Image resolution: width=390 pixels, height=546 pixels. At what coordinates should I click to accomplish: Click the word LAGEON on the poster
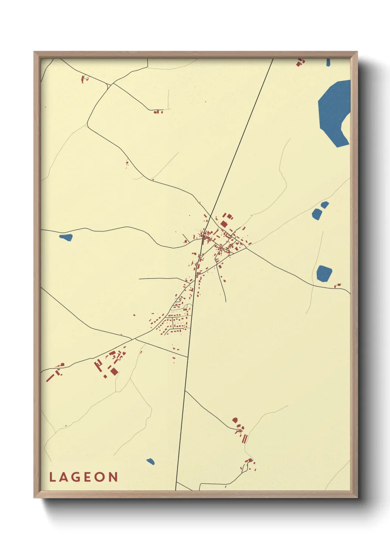(x=84, y=477)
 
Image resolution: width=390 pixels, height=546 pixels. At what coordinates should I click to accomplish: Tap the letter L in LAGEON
(x=52, y=477)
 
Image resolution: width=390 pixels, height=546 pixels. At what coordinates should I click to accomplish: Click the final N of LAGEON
(x=114, y=477)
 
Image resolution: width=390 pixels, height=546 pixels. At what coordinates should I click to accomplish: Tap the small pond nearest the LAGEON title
(x=150, y=461)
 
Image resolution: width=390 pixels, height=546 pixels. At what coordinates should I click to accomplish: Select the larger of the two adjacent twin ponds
(x=316, y=214)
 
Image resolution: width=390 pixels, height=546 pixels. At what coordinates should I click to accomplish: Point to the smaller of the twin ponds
(x=325, y=204)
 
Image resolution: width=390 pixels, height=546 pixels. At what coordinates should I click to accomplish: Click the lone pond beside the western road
(x=66, y=237)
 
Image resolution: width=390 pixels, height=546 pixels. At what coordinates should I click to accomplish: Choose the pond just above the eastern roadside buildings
(x=324, y=273)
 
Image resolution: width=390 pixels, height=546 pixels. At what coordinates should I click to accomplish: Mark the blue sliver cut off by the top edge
(x=328, y=62)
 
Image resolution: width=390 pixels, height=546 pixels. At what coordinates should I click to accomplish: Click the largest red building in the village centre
(x=224, y=224)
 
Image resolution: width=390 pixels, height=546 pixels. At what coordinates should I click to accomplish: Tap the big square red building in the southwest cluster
(x=114, y=371)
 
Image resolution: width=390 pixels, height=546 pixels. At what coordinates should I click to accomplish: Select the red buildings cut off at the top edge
(x=301, y=62)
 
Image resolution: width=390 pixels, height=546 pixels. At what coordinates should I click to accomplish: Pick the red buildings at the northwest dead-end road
(x=158, y=111)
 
